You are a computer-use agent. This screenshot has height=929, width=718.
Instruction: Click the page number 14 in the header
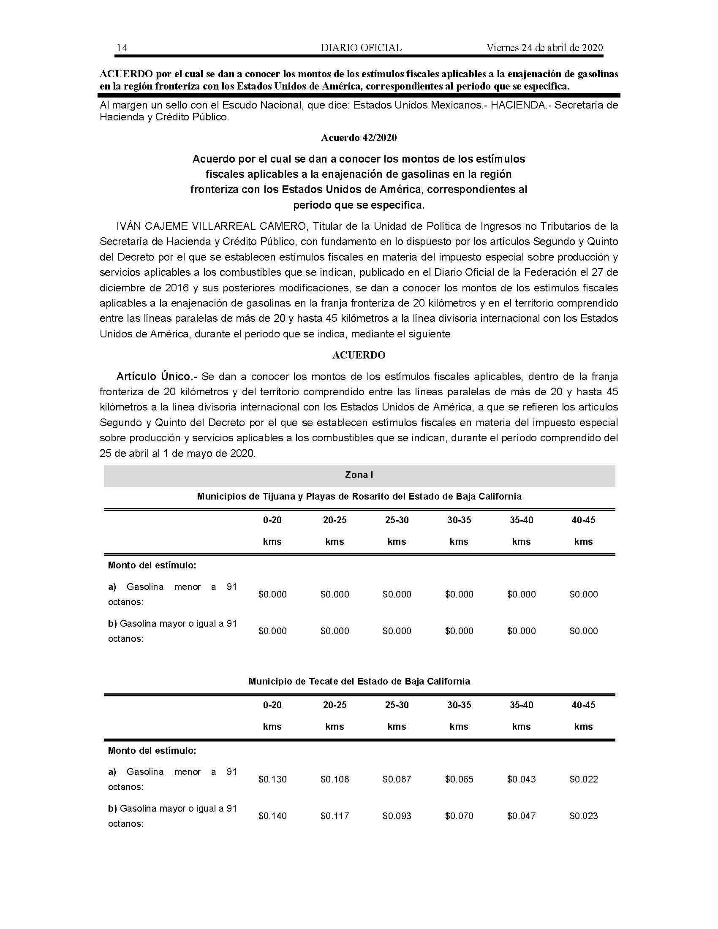pyautogui.click(x=122, y=48)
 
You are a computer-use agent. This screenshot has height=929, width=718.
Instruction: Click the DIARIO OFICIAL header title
pyautogui.click(x=361, y=48)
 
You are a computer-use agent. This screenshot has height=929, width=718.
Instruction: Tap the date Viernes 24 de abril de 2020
pyautogui.click(x=544, y=48)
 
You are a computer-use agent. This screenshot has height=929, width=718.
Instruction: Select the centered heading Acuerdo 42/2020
pyautogui.click(x=359, y=138)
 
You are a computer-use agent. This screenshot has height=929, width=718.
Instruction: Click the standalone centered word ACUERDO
pyautogui.click(x=359, y=355)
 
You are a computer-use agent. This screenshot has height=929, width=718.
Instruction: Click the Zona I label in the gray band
pyautogui.click(x=359, y=475)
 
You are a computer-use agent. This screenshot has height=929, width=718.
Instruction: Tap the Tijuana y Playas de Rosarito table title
pyautogui.click(x=359, y=497)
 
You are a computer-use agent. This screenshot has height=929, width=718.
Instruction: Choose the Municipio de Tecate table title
pyautogui.click(x=359, y=682)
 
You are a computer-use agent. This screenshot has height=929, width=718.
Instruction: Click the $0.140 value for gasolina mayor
pyautogui.click(x=272, y=816)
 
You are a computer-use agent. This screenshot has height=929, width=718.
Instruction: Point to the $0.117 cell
pyautogui.click(x=335, y=816)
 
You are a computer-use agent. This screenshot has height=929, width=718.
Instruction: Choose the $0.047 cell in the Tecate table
pyautogui.click(x=521, y=816)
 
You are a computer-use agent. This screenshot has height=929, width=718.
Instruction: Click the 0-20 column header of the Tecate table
pyautogui.click(x=272, y=705)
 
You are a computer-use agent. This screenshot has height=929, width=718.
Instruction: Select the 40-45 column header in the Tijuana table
pyautogui.click(x=584, y=520)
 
